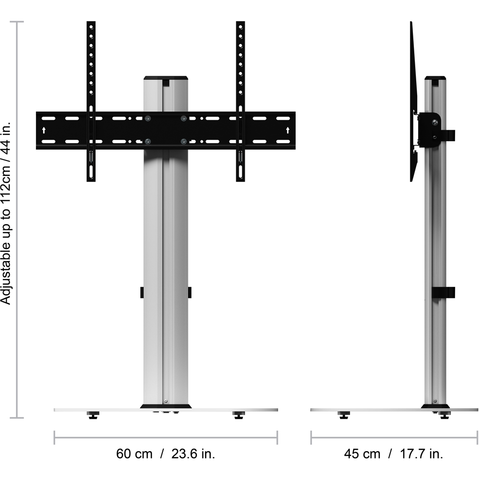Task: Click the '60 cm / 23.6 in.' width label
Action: pyautogui.click(x=166, y=454)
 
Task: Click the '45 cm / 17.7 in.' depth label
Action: pyautogui.click(x=393, y=454)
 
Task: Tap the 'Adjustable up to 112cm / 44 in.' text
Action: pyautogui.click(x=6, y=214)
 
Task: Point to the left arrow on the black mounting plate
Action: pyautogui.click(x=44, y=130)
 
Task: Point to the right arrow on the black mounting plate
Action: pyautogui.click(x=287, y=130)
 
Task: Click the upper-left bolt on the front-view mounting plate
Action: pyautogui.click(x=148, y=118)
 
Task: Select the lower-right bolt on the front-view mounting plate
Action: pyautogui.click(x=183, y=141)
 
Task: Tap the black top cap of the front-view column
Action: pyautogui.click(x=166, y=78)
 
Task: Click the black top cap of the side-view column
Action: pyautogui.click(x=435, y=78)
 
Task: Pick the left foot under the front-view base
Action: pyautogui.click(x=93, y=415)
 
